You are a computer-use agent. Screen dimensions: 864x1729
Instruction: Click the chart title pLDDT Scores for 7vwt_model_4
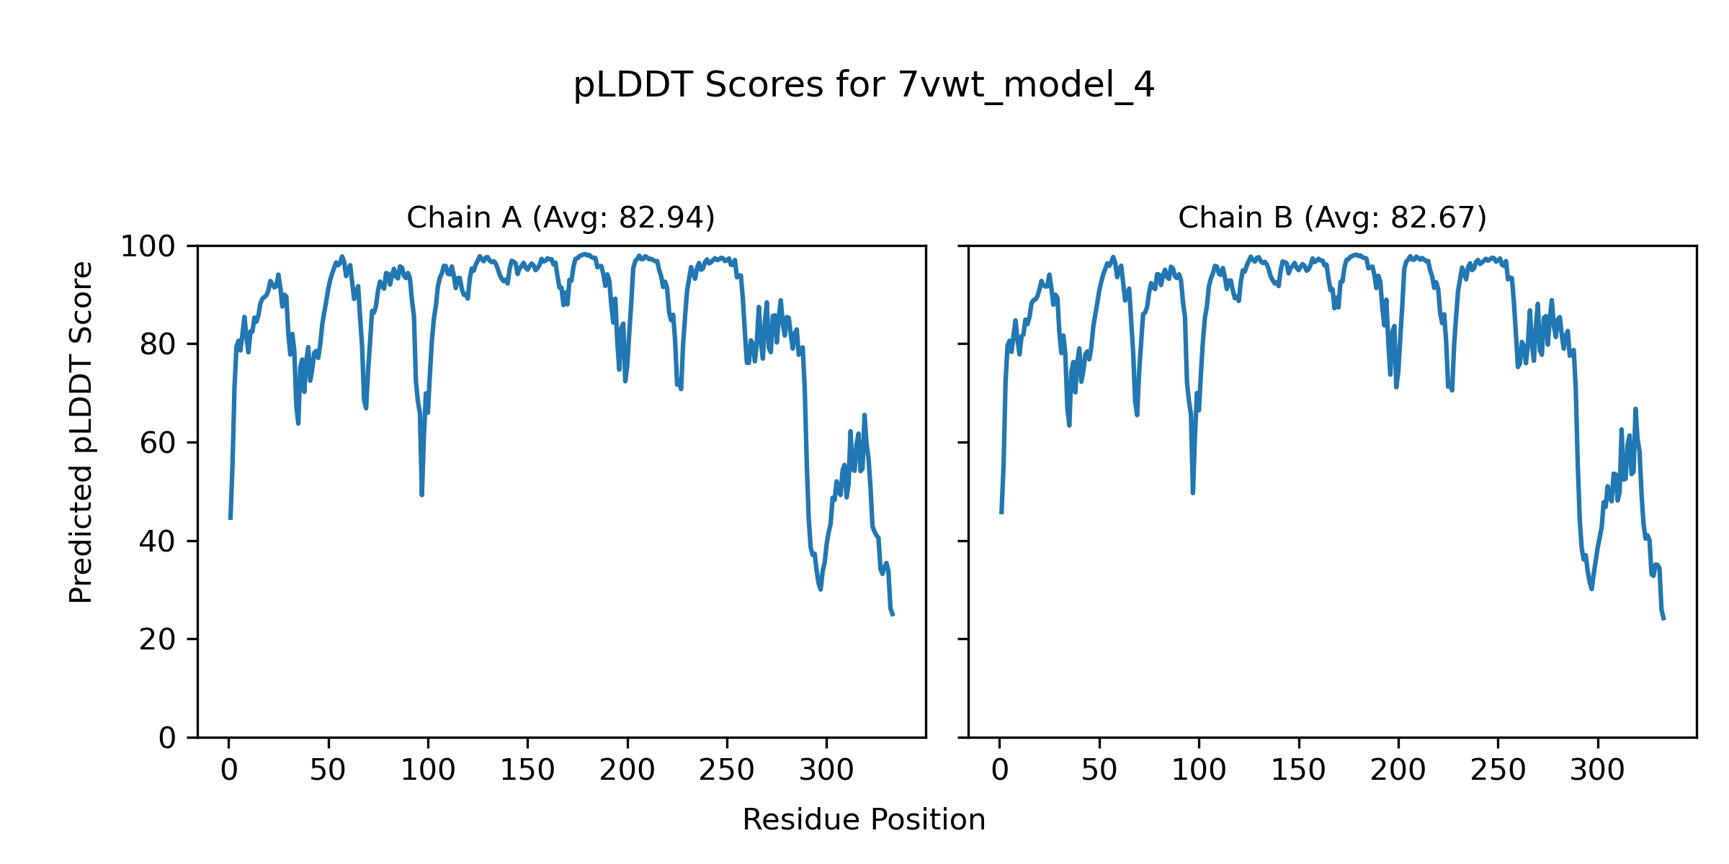coord(864,86)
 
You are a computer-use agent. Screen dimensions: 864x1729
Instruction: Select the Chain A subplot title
coord(560,217)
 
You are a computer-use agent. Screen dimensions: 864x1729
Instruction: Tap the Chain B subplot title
coord(1332,217)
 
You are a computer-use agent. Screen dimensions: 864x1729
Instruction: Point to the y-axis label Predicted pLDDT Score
coord(81,432)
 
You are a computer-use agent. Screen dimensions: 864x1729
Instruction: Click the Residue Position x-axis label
coord(864,820)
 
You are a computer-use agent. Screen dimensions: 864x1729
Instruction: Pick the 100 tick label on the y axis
coord(148,247)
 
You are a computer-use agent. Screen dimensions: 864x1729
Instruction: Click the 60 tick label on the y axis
coord(158,443)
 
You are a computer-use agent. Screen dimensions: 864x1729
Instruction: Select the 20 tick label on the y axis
coord(158,639)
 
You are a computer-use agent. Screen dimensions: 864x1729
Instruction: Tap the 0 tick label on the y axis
coord(167,738)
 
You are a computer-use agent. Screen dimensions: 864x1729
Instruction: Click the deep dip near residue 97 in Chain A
coord(421,494)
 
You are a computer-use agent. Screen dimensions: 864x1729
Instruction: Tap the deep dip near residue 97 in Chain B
coord(1193,492)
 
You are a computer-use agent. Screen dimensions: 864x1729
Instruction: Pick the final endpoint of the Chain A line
coord(893,615)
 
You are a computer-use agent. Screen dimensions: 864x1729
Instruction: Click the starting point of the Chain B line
coord(1001,513)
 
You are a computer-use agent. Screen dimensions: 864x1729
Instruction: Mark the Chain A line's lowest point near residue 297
coord(821,590)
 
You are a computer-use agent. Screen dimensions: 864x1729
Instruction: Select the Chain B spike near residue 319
coord(1635,409)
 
